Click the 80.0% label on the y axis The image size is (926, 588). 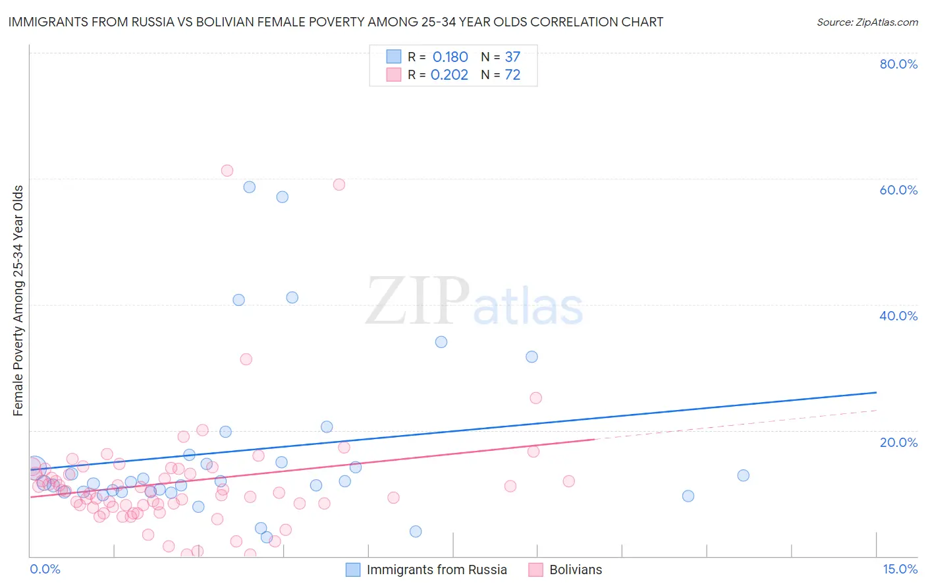click(x=898, y=64)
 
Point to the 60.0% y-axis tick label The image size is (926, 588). click(x=898, y=190)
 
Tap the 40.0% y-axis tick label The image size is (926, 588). click(x=898, y=316)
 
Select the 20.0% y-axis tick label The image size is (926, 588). click(x=898, y=442)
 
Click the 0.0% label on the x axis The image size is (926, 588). click(x=45, y=569)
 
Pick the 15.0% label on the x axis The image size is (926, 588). click(x=900, y=569)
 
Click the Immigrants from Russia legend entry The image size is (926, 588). click(x=436, y=570)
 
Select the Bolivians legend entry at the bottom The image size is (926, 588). click(x=575, y=570)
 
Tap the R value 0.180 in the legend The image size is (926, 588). click(x=450, y=57)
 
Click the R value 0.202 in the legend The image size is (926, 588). click(x=449, y=74)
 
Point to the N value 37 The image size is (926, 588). click(x=512, y=57)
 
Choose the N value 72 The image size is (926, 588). click(x=512, y=74)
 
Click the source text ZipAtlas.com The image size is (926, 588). click(x=867, y=22)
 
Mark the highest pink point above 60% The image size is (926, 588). click(x=227, y=171)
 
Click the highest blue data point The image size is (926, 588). click(x=250, y=187)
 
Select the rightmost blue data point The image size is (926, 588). click(x=744, y=475)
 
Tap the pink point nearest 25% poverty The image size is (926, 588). click(x=536, y=398)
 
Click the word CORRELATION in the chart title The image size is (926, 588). click(x=546, y=22)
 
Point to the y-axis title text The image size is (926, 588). click(x=18, y=301)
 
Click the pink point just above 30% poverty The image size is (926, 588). click(x=246, y=359)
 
